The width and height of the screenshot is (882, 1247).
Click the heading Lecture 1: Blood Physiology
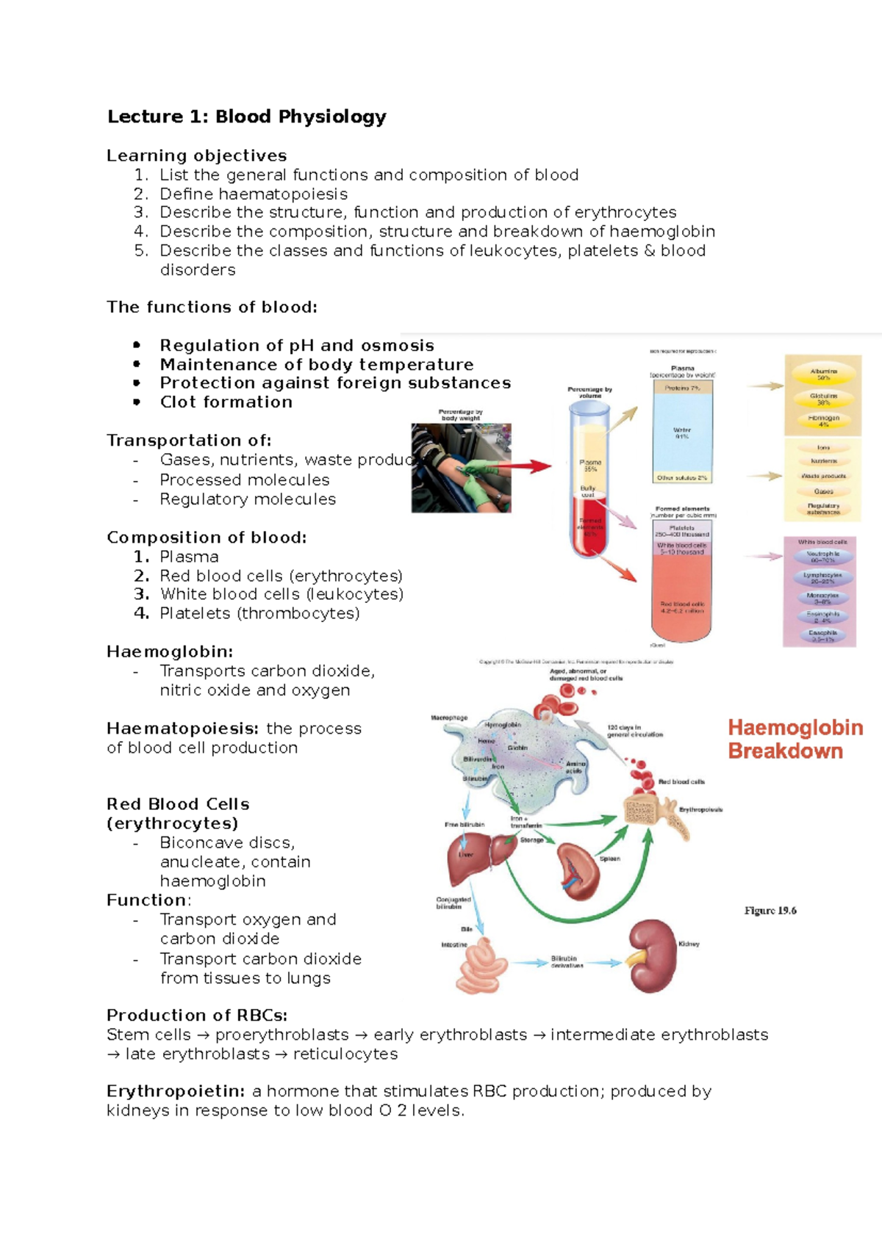click(x=246, y=117)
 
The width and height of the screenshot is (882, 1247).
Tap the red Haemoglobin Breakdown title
click(x=795, y=740)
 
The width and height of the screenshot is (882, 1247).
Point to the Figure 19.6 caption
click(x=770, y=911)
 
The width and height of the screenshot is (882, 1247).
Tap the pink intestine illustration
click(x=481, y=965)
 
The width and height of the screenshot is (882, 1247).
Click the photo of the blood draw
click(x=461, y=468)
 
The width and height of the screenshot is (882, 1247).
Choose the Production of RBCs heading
click(x=197, y=1015)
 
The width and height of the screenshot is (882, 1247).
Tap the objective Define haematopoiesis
click(x=254, y=194)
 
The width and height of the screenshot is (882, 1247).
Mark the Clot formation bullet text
click(x=226, y=402)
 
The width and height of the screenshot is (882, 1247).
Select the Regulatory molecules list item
click(x=248, y=499)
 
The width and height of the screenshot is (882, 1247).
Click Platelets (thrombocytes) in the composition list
click(x=259, y=613)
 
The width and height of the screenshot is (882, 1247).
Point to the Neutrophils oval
click(x=823, y=557)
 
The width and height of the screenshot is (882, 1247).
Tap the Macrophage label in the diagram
click(x=448, y=718)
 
